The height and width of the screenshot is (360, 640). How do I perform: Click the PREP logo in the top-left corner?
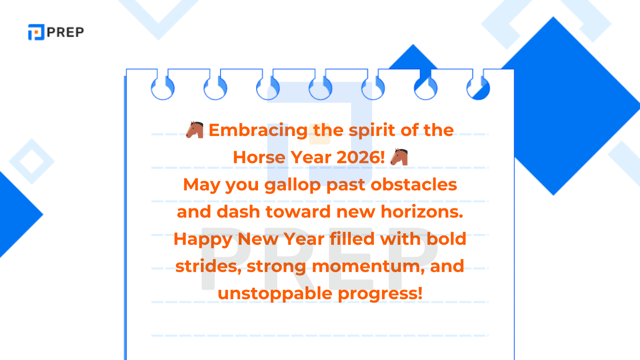(56, 32)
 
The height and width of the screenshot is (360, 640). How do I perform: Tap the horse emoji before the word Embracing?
(195, 130)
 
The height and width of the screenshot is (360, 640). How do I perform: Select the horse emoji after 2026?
(399, 157)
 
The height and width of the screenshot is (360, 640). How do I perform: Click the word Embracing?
(258, 130)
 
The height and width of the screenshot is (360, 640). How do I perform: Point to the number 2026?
(360, 157)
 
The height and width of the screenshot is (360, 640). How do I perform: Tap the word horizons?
(422, 212)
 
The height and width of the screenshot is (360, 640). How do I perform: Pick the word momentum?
(368, 266)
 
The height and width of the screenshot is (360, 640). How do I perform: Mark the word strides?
(208, 266)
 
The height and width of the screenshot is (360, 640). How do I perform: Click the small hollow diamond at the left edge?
(32, 161)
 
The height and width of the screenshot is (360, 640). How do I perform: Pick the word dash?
(238, 212)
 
